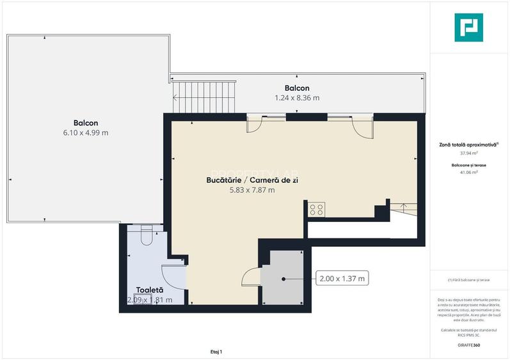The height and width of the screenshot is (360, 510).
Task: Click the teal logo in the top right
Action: [x=469, y=27]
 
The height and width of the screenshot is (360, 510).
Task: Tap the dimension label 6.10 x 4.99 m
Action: [x=86, y=133]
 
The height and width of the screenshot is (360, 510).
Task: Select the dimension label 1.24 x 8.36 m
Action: [x=297, y=98]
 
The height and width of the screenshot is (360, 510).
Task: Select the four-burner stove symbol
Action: [x=317, y=209]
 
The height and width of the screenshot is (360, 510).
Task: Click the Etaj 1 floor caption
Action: [x=216, y=352]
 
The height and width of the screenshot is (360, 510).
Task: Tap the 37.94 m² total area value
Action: [x=468, y=153]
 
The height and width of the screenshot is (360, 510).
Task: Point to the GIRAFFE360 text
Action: [x=468, y=345]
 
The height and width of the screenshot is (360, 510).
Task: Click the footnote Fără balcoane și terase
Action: [x=468, y=279]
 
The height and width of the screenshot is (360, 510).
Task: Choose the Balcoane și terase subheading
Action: [x=468, y=165]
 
